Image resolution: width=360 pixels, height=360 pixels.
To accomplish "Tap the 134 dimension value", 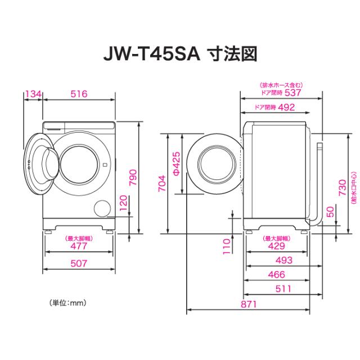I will point(33,93).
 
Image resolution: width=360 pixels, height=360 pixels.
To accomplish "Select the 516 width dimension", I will point(78,93).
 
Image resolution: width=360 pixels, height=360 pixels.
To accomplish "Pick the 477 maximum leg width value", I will point(78,246).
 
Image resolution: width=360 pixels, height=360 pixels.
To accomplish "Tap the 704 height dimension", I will point(161,183).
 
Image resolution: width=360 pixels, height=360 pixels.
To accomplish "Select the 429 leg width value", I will point(276,246).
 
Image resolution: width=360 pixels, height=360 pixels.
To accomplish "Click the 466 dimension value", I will point(276,275).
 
